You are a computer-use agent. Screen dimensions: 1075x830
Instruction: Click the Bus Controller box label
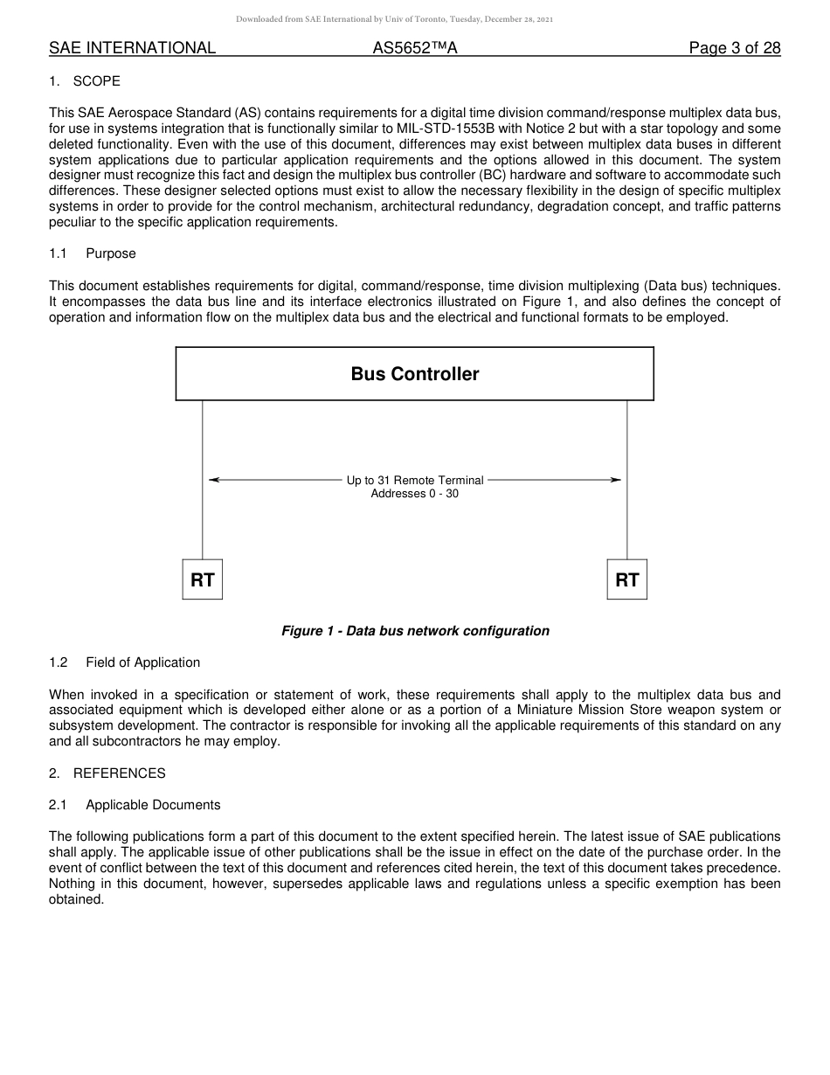point(415,374)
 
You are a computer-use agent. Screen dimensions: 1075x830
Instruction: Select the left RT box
point(203,579)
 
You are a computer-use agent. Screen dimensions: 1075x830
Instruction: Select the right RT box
point(626,579)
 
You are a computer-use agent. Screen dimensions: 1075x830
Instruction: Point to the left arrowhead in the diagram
point(214,480)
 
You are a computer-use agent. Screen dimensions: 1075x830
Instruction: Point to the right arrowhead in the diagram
point(616,480)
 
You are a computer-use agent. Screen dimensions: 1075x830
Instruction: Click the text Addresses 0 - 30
point(415,494)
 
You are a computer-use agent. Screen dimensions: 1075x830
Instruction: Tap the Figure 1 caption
point(415,631)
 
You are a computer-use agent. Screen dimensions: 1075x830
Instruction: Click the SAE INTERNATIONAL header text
point(132,48)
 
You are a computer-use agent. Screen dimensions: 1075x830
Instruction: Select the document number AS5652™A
point(415,48)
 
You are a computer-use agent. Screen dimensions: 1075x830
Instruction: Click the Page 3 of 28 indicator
point(734,48)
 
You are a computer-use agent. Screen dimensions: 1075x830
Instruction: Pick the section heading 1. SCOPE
point(85,81)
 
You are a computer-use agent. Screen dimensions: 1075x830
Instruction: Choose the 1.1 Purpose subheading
point(93,253)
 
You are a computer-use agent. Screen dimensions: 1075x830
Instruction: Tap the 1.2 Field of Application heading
point(125,662)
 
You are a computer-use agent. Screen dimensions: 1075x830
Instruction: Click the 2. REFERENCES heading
point(107,773)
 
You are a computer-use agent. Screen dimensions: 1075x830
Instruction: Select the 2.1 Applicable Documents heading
point(135,805)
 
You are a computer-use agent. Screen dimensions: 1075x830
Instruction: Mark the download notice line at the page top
point(394,18)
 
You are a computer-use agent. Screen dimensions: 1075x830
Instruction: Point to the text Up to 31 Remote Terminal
point(415,481)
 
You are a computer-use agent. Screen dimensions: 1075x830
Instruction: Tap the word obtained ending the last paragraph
point(76,900)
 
